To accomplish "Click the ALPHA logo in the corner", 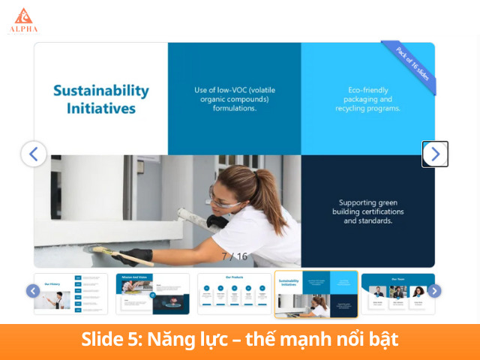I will [23, 20].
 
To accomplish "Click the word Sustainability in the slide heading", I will [100, 91].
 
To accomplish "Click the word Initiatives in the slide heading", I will [94, 108].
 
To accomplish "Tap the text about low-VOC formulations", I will [234, 99].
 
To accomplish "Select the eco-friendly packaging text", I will [367, 99].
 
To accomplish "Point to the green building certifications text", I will [367, 211].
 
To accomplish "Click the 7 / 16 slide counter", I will [234, 256].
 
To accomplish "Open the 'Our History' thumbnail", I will [70, 293].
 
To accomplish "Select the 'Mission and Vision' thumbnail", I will [152, 293].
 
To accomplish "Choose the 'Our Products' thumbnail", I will [234, 293].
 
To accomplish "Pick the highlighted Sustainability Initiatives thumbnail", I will [316, 293].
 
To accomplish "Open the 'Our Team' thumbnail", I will [397, 293].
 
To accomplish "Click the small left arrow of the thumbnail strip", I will [33, 291].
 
